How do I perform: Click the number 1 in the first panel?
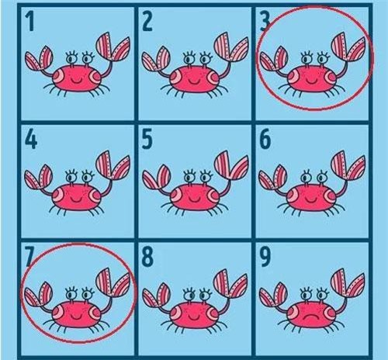coord(31,22)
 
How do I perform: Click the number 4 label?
coord(31,140)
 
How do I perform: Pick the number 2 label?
coord(147,22)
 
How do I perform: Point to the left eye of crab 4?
coord(71,177)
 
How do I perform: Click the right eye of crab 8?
coord(206,295)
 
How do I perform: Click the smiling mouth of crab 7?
coord(76,317)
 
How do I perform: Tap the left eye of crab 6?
coord(306,177)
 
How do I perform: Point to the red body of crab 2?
coord(193,79)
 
